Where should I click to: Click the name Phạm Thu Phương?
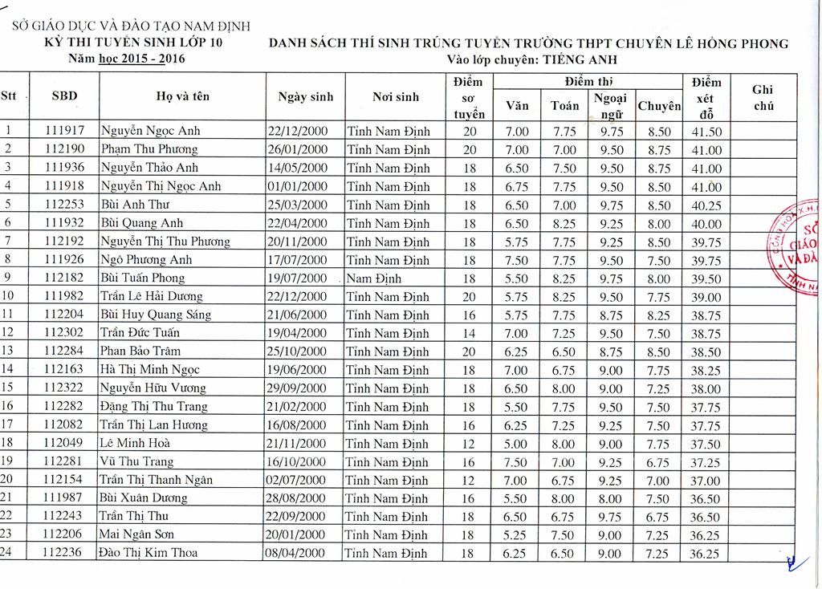[x=149, y=149]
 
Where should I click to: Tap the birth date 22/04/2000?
[x=298, y=223]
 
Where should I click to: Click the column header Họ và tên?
[x=182, y=96]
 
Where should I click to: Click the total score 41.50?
[x=706, y=132]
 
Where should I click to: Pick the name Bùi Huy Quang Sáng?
[x=156, y=315]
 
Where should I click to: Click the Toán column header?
[x=565, y=105]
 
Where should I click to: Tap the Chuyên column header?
[x=658, y=106]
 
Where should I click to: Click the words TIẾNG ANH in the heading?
[x=577, y=59]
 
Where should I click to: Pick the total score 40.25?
[x=706, y=205]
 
